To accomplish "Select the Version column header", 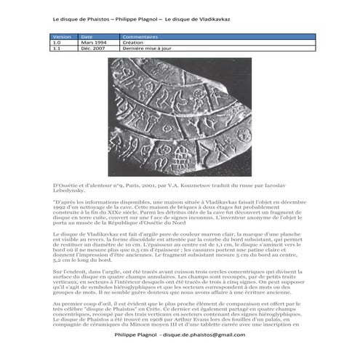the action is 63,36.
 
